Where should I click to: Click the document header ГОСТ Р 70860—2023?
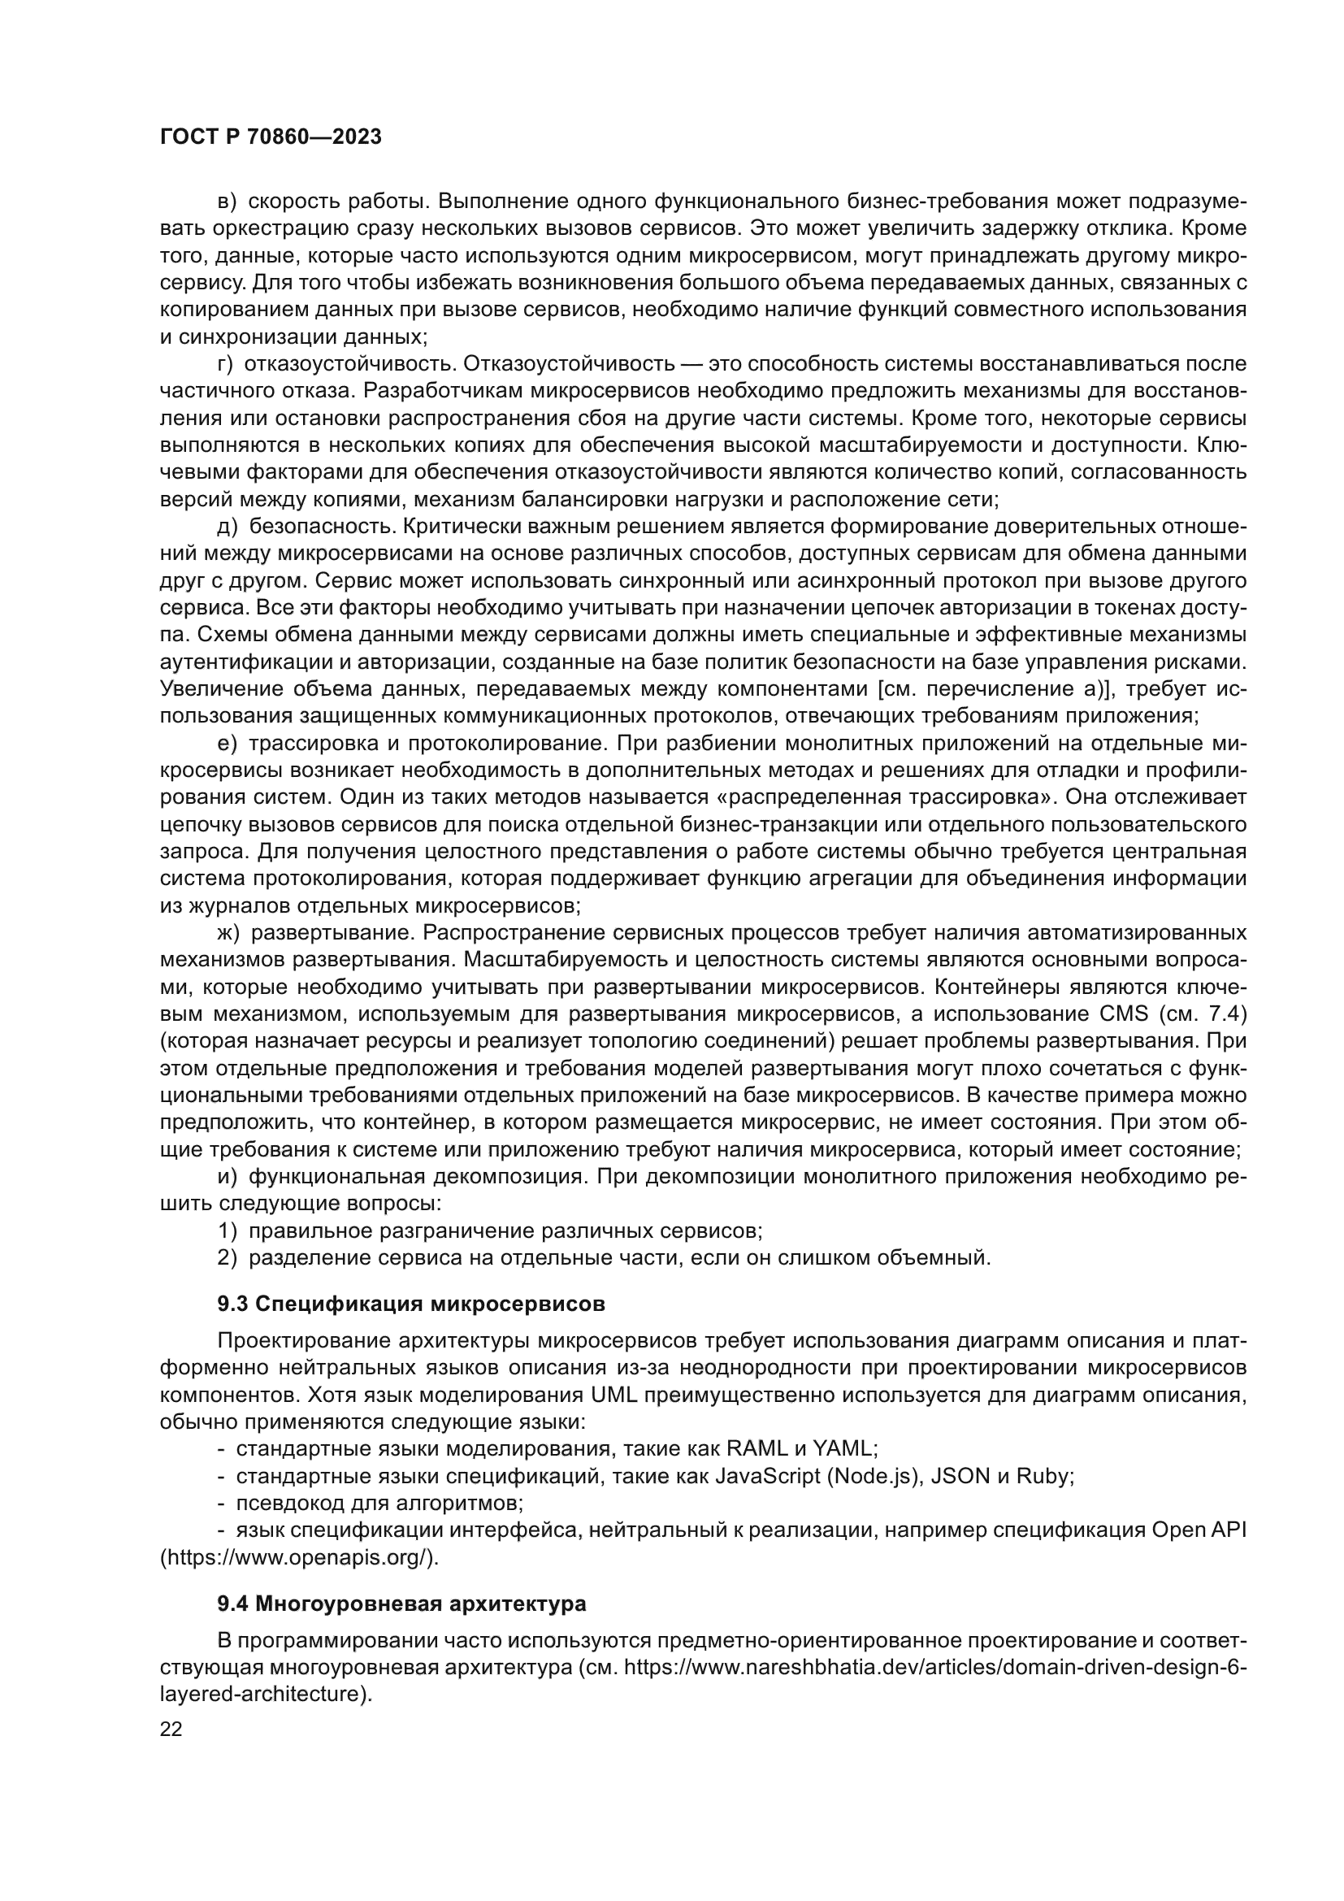[271, 137]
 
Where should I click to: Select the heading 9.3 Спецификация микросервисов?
[411, 1304]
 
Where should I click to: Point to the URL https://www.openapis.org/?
[299, 1556]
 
